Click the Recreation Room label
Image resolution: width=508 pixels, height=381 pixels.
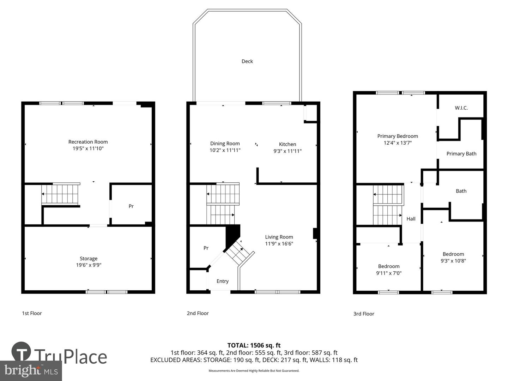click(88, 142)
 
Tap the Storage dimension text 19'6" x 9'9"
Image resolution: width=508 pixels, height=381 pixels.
click(89, 265)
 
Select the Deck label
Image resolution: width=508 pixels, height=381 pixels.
click(247, 61)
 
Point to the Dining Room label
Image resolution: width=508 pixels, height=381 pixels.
click(225, 144)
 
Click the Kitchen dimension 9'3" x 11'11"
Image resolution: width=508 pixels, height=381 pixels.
click(288, 151)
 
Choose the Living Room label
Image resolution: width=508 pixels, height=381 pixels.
click(279, 237)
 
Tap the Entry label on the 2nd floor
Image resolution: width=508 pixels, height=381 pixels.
click(222, 281)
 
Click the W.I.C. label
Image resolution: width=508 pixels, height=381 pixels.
click(461, 108)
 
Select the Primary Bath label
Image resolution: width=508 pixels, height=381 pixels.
click(461, 154)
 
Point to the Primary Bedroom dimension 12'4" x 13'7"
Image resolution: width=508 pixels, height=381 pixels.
click(398, 143)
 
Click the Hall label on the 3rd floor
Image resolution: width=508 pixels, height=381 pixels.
click(411, 219)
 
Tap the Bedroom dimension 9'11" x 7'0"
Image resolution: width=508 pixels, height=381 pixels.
click(389, 273)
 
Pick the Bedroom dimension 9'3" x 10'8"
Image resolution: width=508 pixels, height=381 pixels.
click(453, 261)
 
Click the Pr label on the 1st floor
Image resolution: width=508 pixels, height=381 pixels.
click(131, 206)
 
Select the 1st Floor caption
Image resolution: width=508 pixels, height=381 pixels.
click(32, 313)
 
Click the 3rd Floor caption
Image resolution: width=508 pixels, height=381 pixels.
click(364, 314)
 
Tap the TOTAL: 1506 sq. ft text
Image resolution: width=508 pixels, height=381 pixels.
click(254, 345)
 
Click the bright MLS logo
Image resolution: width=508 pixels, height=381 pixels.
click(31, 370)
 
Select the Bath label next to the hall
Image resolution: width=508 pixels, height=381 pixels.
click(461, 191)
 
